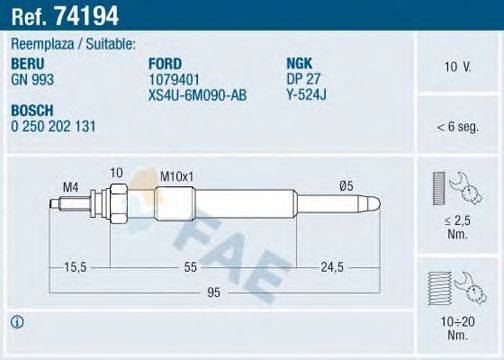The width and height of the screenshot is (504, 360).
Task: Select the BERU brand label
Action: click(x=27, y=61)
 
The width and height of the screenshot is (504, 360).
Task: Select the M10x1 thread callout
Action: click(x=176, y=177)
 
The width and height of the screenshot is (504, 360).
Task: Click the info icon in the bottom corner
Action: click(x=17, y=321)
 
